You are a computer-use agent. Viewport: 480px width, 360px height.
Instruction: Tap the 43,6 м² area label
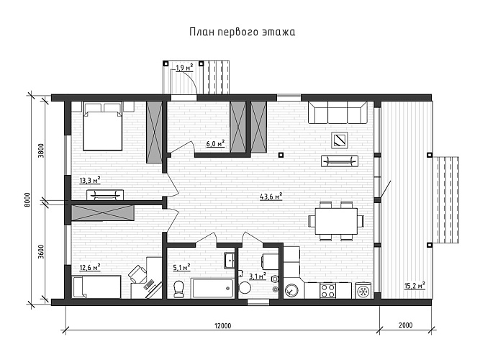point(270,196)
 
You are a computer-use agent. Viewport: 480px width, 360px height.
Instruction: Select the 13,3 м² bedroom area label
point(90,181)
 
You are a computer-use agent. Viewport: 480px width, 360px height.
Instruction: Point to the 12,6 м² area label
point(89,268)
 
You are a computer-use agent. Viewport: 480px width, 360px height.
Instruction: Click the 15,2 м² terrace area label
point(415,285)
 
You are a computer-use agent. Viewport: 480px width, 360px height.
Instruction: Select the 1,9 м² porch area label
point(184,68)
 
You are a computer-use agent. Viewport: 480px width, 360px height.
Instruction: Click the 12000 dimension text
point(222,326)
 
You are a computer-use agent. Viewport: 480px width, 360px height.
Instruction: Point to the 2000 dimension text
point(404,326)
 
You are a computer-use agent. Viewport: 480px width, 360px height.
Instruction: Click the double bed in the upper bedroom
point(101,127)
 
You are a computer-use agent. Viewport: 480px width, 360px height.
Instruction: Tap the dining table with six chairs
point(333,220)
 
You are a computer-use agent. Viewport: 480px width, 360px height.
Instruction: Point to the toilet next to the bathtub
point(179,288)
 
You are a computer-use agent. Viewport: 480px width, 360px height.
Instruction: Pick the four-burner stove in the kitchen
point(328,291)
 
